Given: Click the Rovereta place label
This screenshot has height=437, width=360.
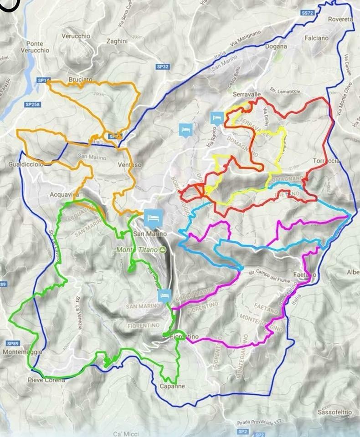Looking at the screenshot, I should pos(340,20).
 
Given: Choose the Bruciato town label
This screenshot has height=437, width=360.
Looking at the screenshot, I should pos(80,79).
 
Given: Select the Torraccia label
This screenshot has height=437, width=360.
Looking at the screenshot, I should pos(326,161).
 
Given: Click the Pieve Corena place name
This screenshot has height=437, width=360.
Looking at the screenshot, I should pos(46,380).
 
